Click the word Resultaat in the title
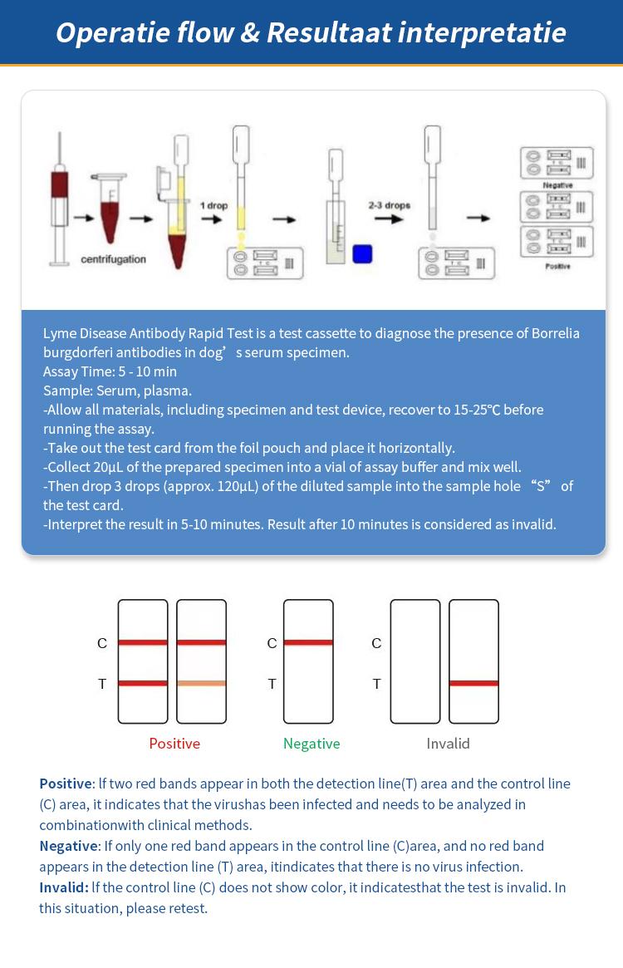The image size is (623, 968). click(x=328, y=32)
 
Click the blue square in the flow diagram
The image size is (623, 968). click(x=361, y=253)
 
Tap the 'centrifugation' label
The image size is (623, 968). click(x=113, y=259)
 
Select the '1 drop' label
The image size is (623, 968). click(x=213, y=204)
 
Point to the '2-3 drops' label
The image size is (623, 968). click(x=390, y=204)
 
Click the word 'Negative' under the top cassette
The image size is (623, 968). click(x=557, y=184)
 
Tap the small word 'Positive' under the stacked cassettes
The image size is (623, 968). click(x=557, y=266)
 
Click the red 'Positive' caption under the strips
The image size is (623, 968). click(x=174, y=744)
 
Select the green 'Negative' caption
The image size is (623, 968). click(x=311, y=744)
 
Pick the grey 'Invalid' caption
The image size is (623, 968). click(x=448, y=744)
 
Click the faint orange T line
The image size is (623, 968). click(x=202, y=683)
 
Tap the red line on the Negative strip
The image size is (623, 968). click(x=308, y=642)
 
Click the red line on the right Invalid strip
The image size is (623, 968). click(x=473, y=683)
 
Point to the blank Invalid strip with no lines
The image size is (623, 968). click(x=415, y=661)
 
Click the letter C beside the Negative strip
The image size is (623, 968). click(x=272, y=643)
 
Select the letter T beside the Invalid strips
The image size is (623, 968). click(x=376, y=684)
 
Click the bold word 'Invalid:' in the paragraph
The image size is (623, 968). click(x=64, y=887)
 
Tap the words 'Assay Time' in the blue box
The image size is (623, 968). click(x=76, y=371)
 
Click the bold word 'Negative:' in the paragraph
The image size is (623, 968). click(x=69, y=846)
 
